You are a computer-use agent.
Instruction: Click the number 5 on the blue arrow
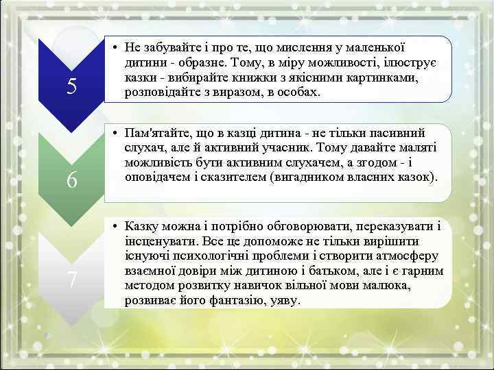coord(71,86)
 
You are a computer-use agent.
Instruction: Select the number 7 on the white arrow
coord(71,279)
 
